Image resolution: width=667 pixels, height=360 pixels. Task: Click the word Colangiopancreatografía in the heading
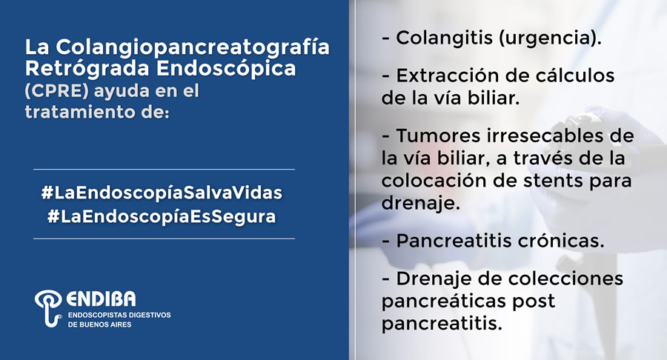[x=193, y=47]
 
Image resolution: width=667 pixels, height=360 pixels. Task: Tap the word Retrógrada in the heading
[x=87, y=69]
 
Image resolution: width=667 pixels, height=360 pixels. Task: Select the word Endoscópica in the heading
[x=226, y=68]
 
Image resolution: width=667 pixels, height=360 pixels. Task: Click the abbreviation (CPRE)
[x=57, y=91]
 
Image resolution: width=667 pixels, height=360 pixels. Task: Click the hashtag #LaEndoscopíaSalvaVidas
[x=162, y=193]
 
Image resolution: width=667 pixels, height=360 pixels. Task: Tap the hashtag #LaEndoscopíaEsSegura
[x=162, y=217]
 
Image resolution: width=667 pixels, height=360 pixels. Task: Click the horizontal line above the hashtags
[x=165, y=169]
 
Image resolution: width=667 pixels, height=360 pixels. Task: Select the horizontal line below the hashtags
[x=165, y=239]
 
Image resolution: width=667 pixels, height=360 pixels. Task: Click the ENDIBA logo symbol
[x=48, y=307]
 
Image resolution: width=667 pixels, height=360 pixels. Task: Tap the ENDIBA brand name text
[x=102, y=299]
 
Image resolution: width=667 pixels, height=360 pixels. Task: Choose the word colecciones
[x=565, y=279]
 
